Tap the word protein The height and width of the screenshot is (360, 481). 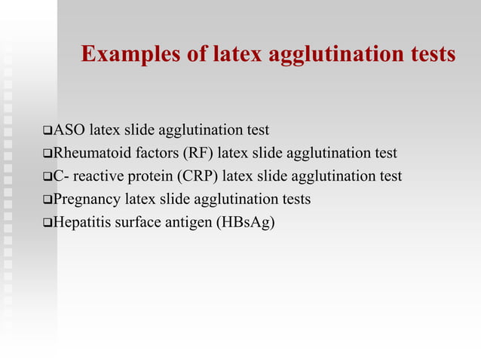(139, 176)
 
